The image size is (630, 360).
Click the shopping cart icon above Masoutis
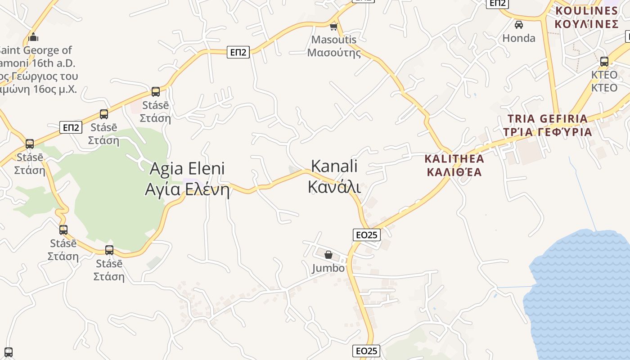pos(333,27)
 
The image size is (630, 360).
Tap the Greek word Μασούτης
pos(334,53)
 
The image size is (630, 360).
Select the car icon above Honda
pos(519,25)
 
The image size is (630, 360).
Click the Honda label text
pos(519,38)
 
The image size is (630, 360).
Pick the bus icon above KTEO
pos(604,62)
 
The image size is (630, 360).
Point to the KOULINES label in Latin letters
pos(587,11)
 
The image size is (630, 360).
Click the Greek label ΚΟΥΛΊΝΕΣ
pos(587,24)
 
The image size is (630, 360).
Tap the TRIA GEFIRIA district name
pos(548,119)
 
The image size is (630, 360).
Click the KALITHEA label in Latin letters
pos(454,159)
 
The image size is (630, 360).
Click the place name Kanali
pos(334,166)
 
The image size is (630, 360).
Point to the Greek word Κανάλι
pos(334,186)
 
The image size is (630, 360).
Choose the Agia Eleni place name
pos(187,169)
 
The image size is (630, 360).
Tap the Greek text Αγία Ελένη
pos(187,189)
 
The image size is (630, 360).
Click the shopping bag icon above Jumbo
pos(328,255)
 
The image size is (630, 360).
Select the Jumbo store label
pos(328,268)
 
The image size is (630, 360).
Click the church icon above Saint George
pos(33,37)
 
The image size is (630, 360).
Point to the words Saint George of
pos(36,50)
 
